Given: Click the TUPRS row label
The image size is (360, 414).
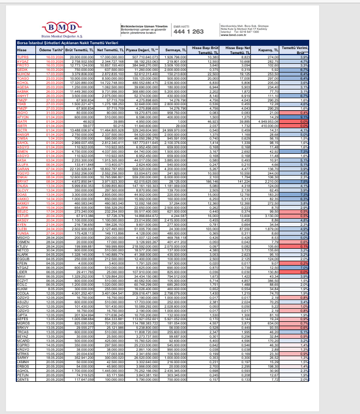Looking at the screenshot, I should click(x=22, y=57).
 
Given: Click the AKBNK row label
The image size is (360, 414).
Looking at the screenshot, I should click(x=22, y=91).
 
